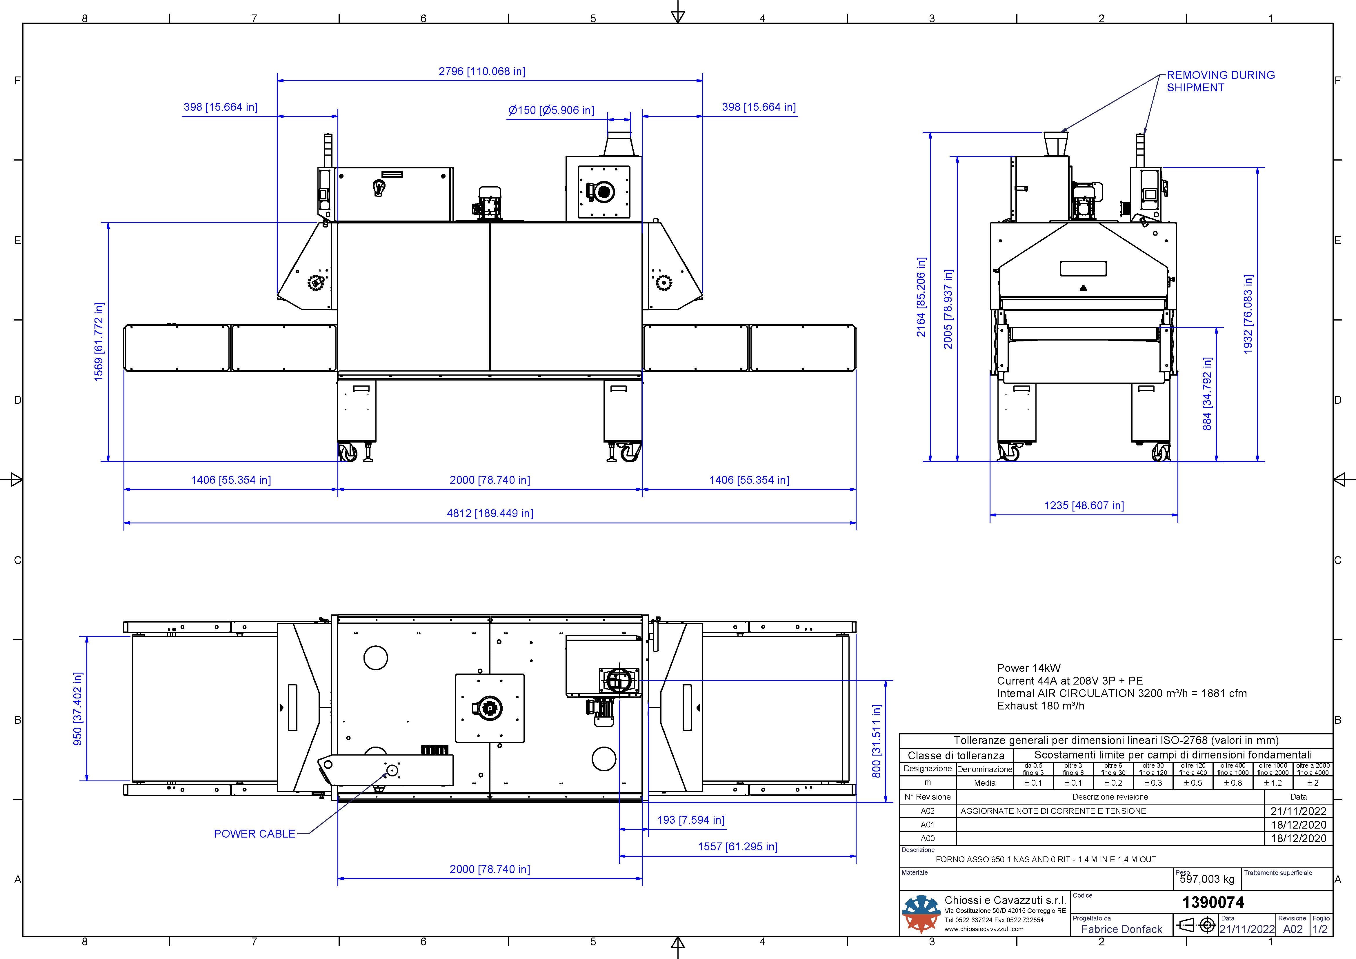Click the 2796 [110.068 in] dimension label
coord(481,72)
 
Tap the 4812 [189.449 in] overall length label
coord(490,513)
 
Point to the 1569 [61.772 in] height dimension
coord(99,342)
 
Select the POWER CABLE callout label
coord(255,834)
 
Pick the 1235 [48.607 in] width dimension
coord(1084,505)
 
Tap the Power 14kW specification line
coord(1029,668)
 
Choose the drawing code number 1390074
coord(1213,902)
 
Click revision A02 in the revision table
coord(927,811)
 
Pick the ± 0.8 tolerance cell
coord(1233,783)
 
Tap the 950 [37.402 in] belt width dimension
coord(77,709)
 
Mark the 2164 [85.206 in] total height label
coord(921,297)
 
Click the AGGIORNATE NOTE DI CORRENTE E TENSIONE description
coord(1053,811)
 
